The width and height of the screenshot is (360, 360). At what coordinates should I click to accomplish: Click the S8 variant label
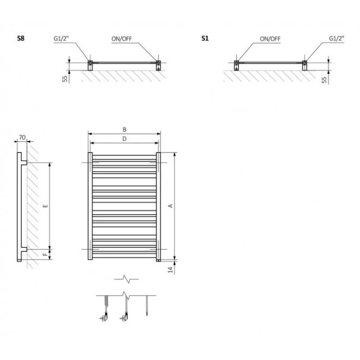21,39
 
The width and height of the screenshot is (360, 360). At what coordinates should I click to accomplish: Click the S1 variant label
205,39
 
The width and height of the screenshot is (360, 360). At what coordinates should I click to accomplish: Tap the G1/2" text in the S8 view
60,39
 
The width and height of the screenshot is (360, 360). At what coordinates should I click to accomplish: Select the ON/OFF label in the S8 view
121,39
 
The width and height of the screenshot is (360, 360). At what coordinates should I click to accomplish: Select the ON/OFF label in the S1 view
270,39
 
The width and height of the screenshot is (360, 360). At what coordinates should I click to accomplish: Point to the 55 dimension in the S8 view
65,79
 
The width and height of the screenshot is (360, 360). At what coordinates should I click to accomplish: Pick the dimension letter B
124,130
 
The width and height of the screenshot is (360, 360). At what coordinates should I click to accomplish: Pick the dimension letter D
124,139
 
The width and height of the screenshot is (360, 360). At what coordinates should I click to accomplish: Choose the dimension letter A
170,206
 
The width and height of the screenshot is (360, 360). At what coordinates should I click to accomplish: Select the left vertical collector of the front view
90,207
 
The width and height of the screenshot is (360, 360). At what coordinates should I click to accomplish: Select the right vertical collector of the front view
158,207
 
